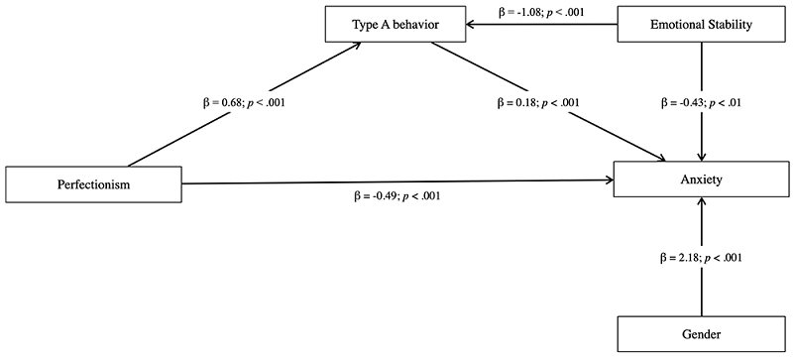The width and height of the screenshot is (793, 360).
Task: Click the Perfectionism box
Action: pos(93,183)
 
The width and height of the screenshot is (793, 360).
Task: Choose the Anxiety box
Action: pos(703,180)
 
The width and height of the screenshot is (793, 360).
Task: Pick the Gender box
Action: pos(703,335)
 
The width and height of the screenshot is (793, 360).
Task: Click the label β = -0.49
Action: pos(391,195)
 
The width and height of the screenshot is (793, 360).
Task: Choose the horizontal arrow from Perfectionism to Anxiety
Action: pos(396,180)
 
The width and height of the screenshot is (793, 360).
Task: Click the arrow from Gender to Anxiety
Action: pos(703,288)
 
